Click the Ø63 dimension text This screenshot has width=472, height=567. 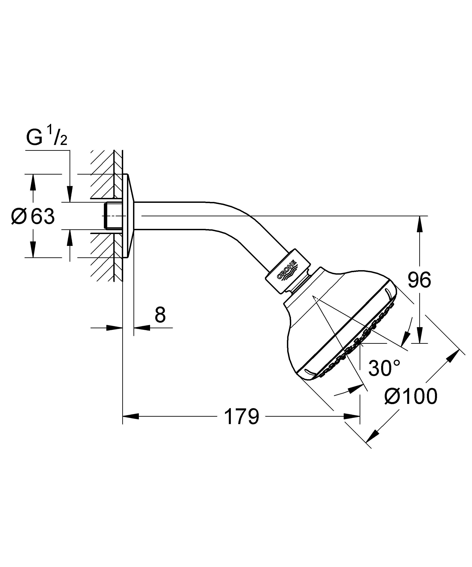coord(33,217)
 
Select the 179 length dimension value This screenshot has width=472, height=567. coord(241,417)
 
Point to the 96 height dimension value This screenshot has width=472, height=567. coord(419,280)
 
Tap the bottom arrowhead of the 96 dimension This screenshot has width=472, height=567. coord(419,335)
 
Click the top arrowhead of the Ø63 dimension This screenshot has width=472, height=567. coord(33,182)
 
